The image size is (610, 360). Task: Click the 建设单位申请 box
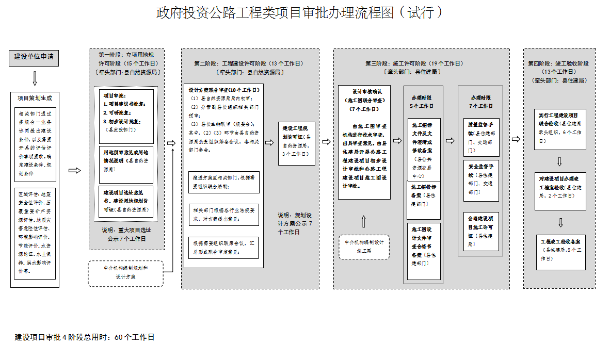coord(34,58)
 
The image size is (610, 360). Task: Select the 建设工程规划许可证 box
coord(297,143)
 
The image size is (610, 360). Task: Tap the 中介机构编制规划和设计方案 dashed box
coord(126,273)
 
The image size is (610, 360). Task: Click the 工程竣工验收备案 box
coord(560,252)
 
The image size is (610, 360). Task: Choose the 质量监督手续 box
coord(481,137)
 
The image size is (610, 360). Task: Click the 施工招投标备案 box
coord(423,195)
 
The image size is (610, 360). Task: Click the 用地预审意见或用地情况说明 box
coord(126,165)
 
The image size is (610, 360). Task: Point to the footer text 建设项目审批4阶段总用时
coord(85,338)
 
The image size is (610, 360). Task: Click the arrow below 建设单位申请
coord(35,79)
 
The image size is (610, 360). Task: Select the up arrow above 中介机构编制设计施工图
coord(364,221)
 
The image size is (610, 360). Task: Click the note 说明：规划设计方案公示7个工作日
coord(296,223)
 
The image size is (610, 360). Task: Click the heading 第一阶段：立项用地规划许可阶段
coord(126,58)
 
